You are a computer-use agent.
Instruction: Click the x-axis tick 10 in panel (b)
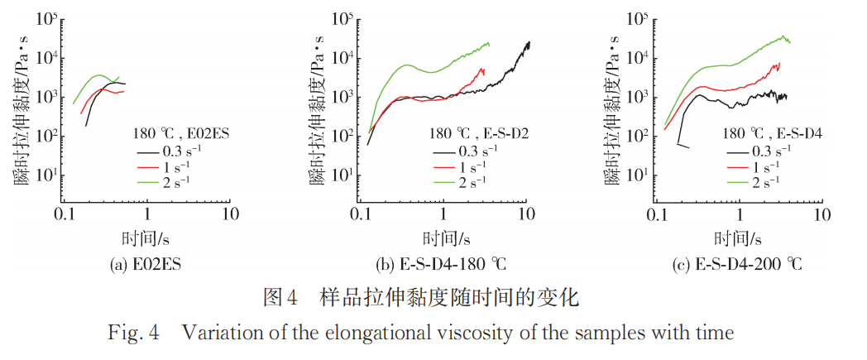[x=525, y=214]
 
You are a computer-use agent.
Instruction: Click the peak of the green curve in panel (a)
[x=99, y=75]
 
